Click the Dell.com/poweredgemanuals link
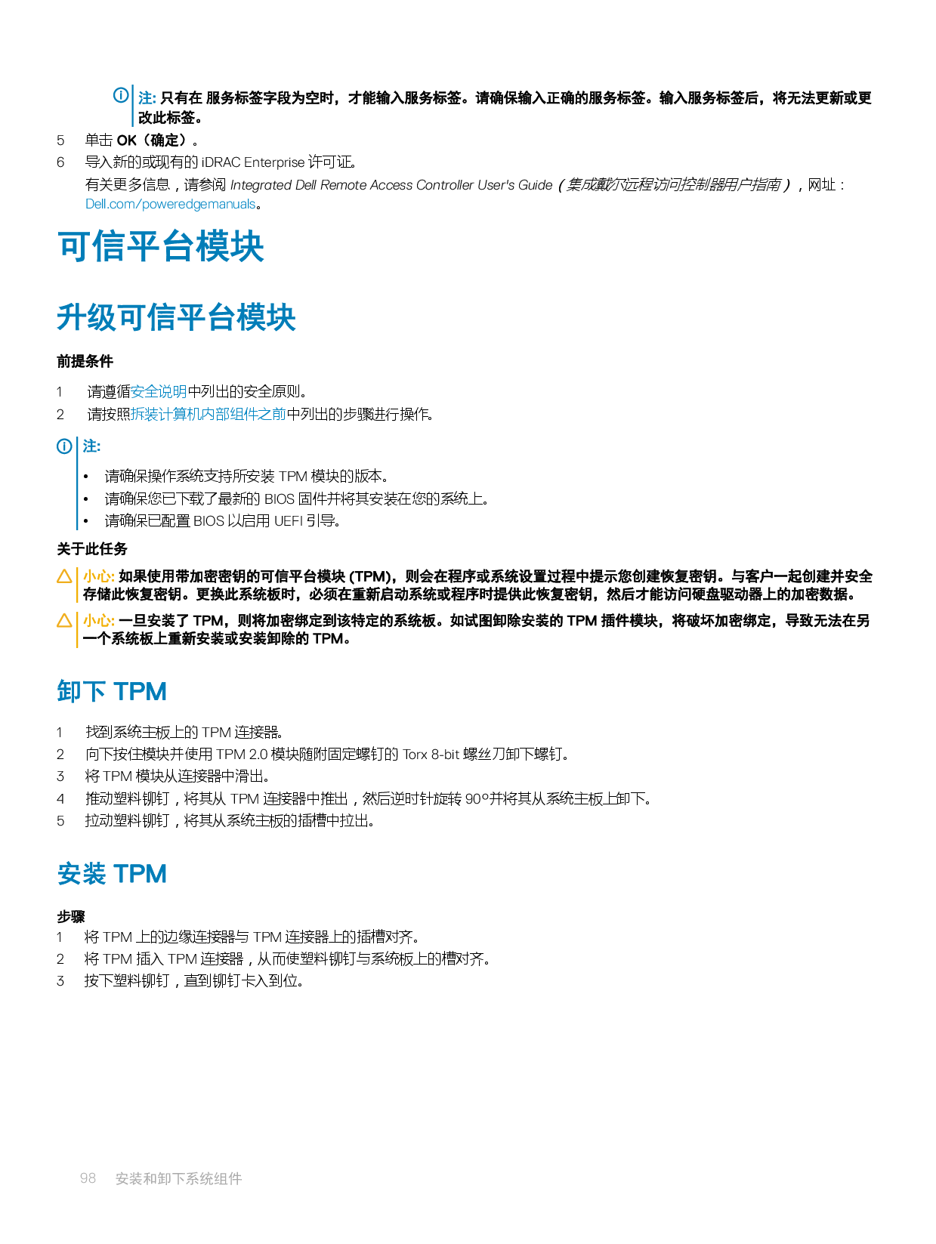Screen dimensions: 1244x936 [x=172, y=204]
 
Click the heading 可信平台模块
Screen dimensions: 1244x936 [x=161, y=246]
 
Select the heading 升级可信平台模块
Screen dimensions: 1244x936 [x=176, y=317]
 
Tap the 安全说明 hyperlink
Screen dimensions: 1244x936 [x=159, y=391]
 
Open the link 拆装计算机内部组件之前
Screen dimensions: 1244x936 [x=209, y=414]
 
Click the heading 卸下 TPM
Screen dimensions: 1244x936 [x=112, y=691]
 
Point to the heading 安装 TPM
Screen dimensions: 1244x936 [x=112, y=874]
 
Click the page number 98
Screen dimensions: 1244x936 [x=88, y=1178]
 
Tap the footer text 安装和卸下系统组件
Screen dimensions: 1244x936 [x=178, y=1178]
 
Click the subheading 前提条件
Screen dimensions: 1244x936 [x=85, y=361]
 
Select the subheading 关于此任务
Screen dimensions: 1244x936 [x=92, y=548]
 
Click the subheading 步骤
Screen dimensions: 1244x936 [x=71, y=916]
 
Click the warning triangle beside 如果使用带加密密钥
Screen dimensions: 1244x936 [x=65, y=576]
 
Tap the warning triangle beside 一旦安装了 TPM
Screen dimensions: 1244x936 [x=65, y=621]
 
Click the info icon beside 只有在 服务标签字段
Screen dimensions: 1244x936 [x=121, y=96]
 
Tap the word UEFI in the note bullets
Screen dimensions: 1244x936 [x=288, y=520]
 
